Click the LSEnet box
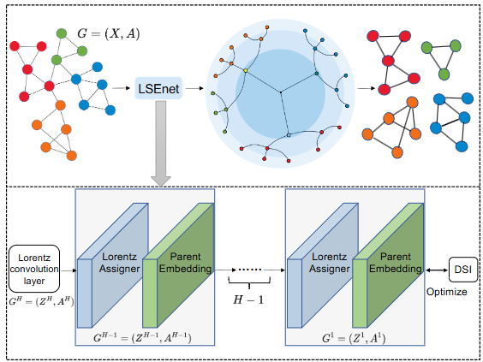click(x=158, y=88)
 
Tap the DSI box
click(x=463, y=270)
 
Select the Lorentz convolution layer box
click(x=34, y=269)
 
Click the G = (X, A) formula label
click(x=109, y=33)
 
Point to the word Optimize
click(x=447, y=292)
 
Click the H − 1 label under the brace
click(x=248, y=300)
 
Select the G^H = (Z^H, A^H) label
click(x=41, y=301)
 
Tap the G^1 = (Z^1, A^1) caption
click(x=354, y=338)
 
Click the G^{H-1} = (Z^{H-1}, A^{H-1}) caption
click(x=142, y=338)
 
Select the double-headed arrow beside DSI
click(x=437, y=270)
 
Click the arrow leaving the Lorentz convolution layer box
click(x=69, y=270)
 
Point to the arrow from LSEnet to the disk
click(x=194, y=88)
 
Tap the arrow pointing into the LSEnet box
click(x=121, y=88)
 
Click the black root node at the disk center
click(x=280, y=92)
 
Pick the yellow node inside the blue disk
click(x=246, y=70)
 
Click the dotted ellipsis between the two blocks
click(x=250, y=270)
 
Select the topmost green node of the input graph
click(x=62, y=33)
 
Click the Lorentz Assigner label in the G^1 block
click(x=330, y=263)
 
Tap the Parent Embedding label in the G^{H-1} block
click(x=186, y=263)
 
